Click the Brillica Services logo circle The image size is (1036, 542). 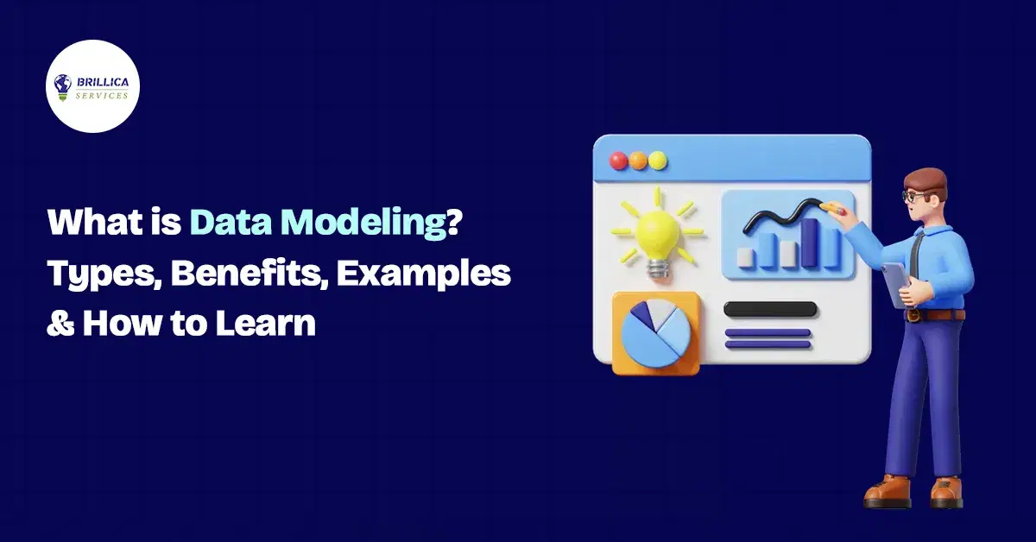coord(92,86)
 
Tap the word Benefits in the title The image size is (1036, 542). coord(250,274)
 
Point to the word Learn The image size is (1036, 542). coord(266,322)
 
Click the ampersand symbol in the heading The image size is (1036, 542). coord(60,323)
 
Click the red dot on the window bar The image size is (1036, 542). coord(618,161)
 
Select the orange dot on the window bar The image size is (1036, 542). coord(638,161)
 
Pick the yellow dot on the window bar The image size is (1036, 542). coord(657,161)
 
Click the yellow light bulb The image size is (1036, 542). coord(658,235)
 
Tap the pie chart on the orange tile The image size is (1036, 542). coord(655,333)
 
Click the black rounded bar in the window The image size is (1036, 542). coord(770,309)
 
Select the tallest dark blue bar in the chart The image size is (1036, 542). coord(810,243)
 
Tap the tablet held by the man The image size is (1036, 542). coord(896,285)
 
